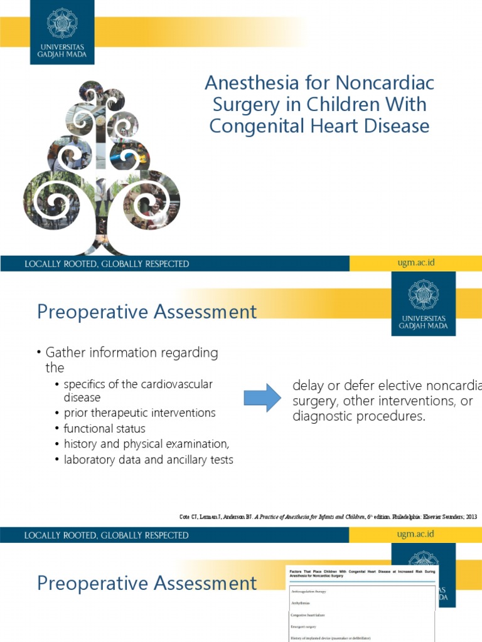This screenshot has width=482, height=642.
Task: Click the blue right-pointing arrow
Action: click(262, 397)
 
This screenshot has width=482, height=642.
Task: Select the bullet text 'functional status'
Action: click(104, 429)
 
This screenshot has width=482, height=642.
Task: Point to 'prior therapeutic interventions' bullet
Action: click(139, 413)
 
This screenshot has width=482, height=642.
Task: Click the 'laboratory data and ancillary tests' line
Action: click(148, 460)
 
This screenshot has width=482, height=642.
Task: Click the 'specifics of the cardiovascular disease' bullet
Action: click(138, 391)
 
